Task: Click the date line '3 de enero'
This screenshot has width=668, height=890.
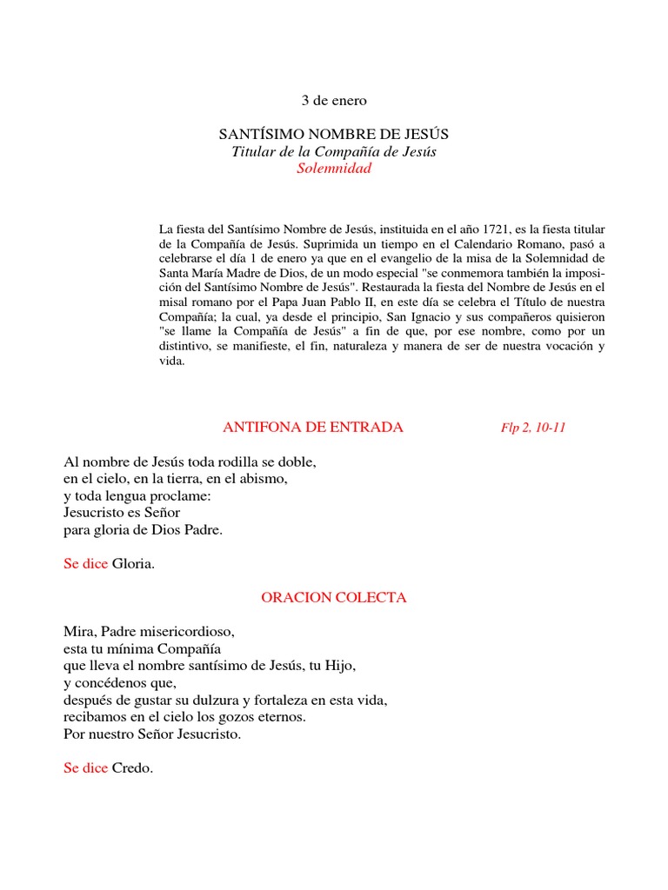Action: pyautogui.click(x=334, y=101)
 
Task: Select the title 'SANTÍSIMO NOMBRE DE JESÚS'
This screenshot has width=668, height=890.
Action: pyautogui.click(x=333, y=135)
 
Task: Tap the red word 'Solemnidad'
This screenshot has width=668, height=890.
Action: pyautogui.click(x=334, y=169)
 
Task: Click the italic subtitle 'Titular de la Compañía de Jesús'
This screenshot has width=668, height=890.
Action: pyautogui.click(x=334, y=152)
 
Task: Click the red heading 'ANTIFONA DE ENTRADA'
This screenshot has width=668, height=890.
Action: pyautogui.click(x=313, y=427)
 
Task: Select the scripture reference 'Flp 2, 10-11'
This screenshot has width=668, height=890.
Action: pyautogui.click(x=533, y=428)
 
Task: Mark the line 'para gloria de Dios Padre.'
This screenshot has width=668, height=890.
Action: pyautogui.click(x=144, y=529)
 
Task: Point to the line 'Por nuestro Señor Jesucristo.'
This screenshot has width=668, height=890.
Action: pyautogui.click(x=152, y=734)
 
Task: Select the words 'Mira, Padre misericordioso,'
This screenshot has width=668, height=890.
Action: pyautogui.click(x=149, y=632)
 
